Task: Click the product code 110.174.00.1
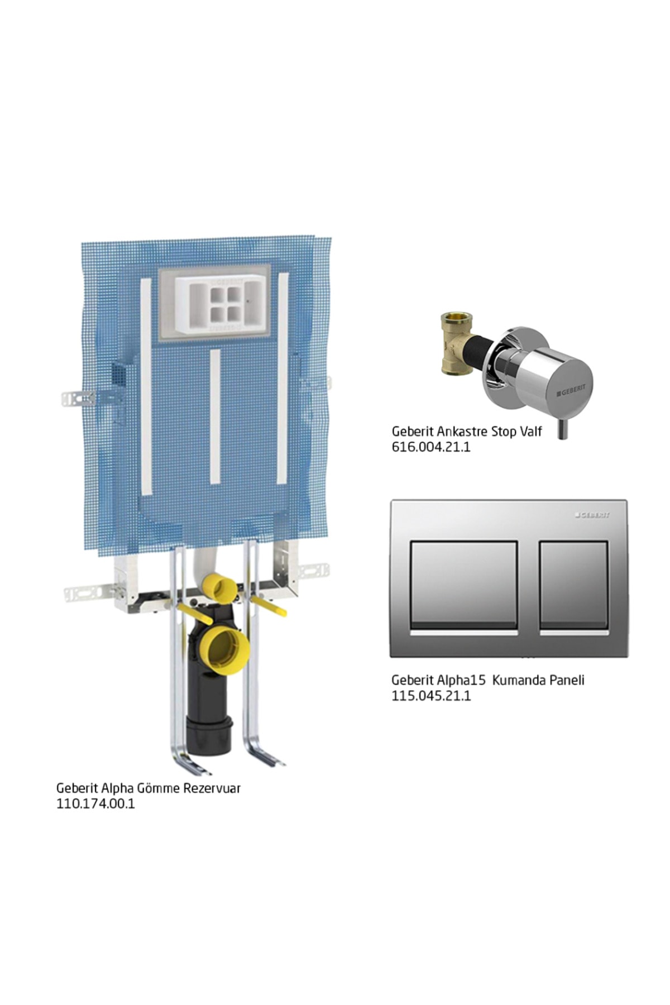(95, 804)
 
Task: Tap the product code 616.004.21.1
(431, 447)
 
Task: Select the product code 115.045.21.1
(431, 696)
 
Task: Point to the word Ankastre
(461, 432)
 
